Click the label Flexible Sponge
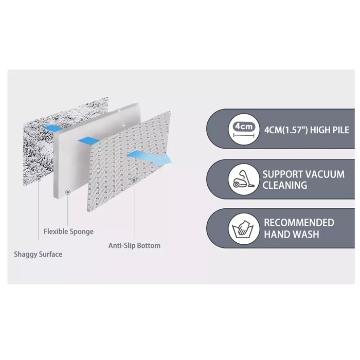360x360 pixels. point(68,231)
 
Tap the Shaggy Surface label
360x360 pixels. point(39,254)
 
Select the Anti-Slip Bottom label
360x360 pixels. point(134,245)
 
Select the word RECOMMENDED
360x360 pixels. point(299,223)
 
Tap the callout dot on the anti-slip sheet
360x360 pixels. point(134,181)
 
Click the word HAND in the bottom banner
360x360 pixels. point(277,235)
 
